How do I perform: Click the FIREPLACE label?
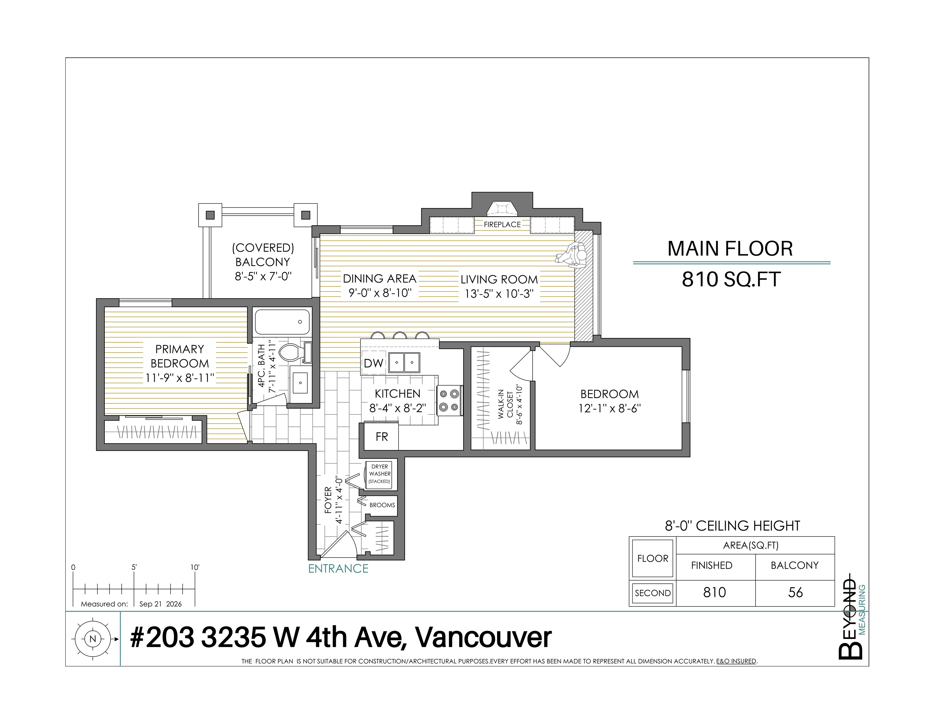point(502,224)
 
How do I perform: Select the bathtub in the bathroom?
point(282,322)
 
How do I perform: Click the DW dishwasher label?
point(374,363)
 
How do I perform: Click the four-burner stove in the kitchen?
point(449,400)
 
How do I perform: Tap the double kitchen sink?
point(404,362)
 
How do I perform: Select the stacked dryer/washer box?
point(380,474)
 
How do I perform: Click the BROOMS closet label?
point(382,505)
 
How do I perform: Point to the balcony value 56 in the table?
point(795,592)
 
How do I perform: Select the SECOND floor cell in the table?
point(652,593)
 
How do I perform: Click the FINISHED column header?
point(712,565)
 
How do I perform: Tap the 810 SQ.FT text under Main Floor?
point(731,279)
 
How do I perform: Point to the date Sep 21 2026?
point(161,604)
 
